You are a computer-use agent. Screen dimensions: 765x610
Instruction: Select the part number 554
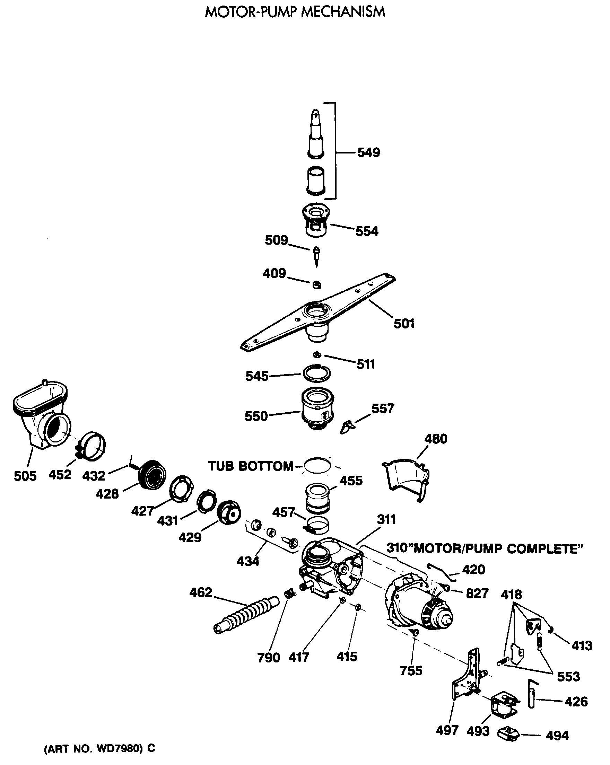click(367, 231)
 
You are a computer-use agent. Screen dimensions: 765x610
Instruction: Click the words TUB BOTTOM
click(251, 466)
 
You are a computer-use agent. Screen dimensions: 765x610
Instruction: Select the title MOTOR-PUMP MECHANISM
click(295, 12)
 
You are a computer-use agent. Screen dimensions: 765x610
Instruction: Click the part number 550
click(256, 416)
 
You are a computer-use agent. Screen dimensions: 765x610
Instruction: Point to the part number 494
click(557, 736)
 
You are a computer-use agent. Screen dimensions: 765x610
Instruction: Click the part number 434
click(248, 561)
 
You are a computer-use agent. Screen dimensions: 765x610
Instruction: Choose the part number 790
click(269, 658)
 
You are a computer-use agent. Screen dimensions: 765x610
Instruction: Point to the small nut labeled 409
click(316, 284)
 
